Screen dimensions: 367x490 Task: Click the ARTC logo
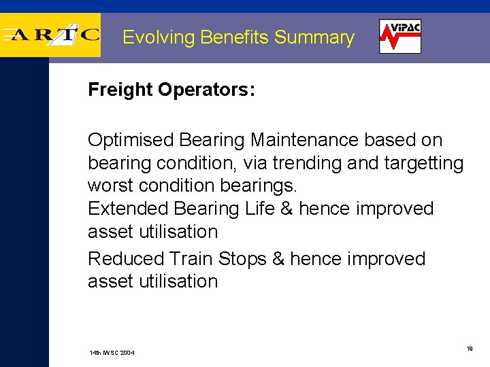[51, 35]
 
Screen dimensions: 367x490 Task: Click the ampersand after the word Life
[287, 208]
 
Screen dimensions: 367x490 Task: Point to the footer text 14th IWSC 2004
[112, 353]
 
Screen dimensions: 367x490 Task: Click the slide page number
[469, 348]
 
